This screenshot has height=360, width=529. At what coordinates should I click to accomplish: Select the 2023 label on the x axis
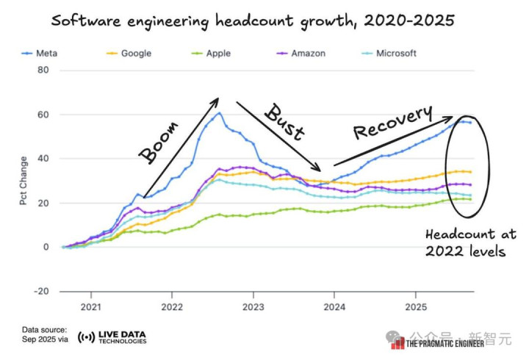[253, 306]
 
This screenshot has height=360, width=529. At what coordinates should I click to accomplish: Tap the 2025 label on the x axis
[416, 306]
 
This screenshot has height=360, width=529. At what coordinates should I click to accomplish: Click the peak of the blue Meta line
[219, 112]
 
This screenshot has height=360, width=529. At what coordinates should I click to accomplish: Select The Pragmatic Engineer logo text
[447, 343]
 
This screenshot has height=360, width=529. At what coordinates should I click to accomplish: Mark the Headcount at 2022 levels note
[470, 242]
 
